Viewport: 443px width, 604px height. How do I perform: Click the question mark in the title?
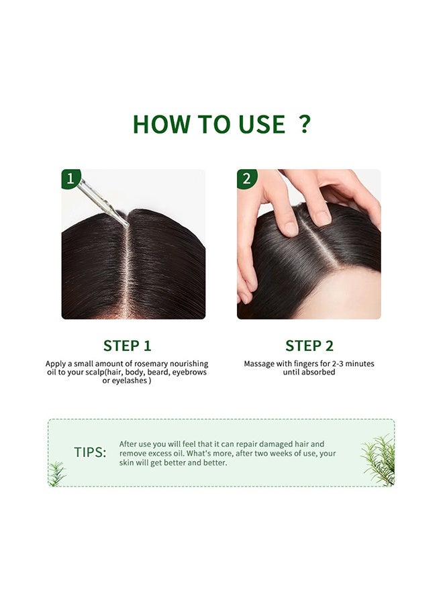305,123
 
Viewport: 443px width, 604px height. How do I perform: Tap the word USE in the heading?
262,124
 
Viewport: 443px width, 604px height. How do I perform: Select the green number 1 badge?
70,179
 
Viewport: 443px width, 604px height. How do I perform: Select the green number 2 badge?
246,179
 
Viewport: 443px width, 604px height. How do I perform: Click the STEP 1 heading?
127,346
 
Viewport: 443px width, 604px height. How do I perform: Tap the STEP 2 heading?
309,346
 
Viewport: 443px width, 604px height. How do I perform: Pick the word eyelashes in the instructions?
129,381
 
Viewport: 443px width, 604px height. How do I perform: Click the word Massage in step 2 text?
259,364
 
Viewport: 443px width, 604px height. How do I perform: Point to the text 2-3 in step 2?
338,363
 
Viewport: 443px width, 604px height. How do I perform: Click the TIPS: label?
90,452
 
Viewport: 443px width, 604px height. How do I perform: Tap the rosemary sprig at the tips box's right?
379,460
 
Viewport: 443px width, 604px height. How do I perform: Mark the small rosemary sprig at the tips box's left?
56,473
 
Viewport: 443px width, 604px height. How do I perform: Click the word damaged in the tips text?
277,444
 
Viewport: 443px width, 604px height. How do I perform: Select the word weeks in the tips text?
281,454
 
